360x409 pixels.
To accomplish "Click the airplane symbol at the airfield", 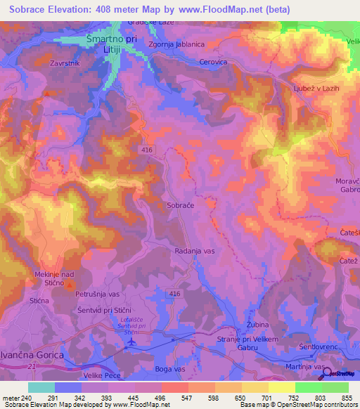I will pos(131,342).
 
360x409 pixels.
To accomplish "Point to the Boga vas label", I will pos(171,368).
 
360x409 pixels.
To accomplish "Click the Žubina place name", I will pos(258,325).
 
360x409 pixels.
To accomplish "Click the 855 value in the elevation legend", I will pos(347,398).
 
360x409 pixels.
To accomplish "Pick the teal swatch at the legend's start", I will pos(41,387).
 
